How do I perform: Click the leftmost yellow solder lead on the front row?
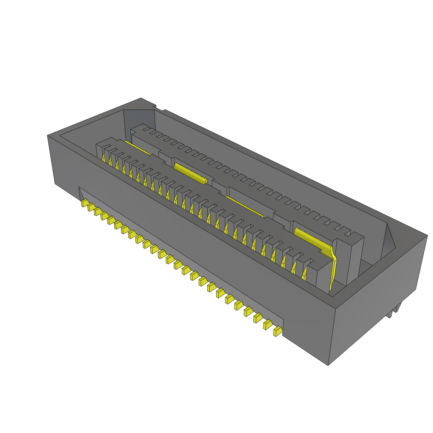(x=84, y=203)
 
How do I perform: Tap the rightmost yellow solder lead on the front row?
(x=277, y=332)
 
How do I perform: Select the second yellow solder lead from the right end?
(x=268, y=324)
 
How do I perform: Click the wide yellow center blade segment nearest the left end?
(x=190, y=173)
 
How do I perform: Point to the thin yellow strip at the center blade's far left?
(x=137, y=148)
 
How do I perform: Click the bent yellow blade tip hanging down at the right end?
(x=333, y=271)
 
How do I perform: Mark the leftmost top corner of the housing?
(x=48, y=136)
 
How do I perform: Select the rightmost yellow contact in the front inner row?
(x=304, y=275)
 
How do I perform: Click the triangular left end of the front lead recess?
(x=81, y=192)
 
